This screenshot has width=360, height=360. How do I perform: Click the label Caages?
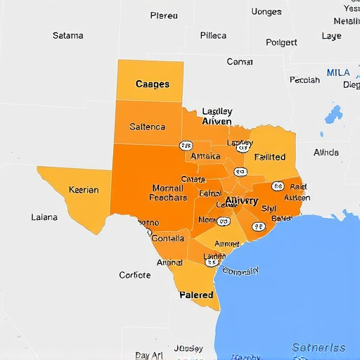click(x=152, y=84)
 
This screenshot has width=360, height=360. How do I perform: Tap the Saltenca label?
click(x=148, y=127)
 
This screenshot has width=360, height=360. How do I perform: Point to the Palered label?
click(x=196, y=295)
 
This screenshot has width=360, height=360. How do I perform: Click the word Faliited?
click(x=270, y=157)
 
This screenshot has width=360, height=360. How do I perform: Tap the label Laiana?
click(x=44, y=217)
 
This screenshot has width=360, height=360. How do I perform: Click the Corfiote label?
click(x=134, y=275)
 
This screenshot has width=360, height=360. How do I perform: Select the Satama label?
click(x=67, y=35)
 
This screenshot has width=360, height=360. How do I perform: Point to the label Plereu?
click(x=164, y=15)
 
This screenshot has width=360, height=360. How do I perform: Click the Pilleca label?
click(x=213, y=35)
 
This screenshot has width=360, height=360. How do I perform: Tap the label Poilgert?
click(x=281, y=42)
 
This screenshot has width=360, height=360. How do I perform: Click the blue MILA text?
click(x=338, y=72)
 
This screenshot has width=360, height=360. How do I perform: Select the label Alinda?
click(x=326, y=152)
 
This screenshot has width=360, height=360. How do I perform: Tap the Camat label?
click(x=240, y=62)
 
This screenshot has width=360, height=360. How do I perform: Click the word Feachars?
click(x=168, y=198)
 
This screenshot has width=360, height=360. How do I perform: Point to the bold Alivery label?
click(x=242, y=200)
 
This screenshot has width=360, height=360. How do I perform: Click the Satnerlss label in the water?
click(x=319, y=347)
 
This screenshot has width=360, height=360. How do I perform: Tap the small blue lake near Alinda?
click(x=331, y=112)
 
